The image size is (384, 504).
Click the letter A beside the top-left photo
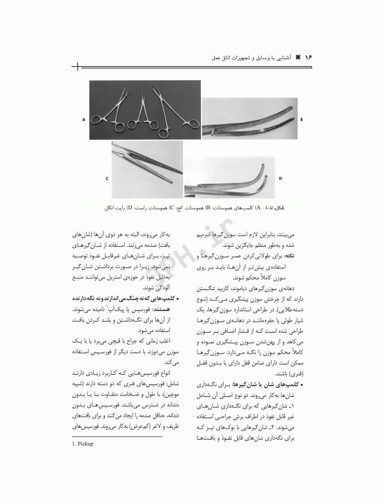83,120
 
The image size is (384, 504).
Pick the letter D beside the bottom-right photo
280,178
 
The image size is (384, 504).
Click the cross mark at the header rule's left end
78,66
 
